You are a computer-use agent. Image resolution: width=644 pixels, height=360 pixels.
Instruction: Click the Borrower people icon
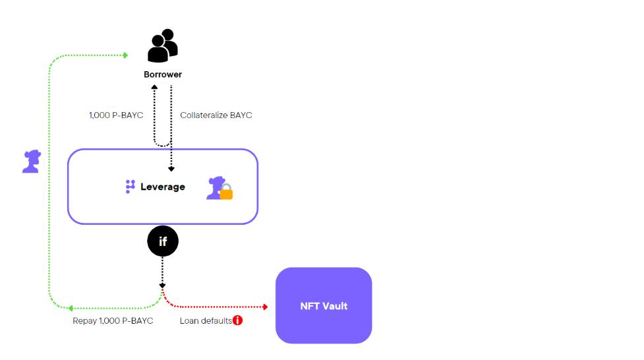click(163, 46)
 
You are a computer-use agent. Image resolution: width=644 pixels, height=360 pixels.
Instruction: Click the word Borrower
click(163, 75)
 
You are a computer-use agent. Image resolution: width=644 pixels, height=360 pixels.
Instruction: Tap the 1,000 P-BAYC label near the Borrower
click(116, 115)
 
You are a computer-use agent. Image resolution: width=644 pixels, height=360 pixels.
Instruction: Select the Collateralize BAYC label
click(216, 115)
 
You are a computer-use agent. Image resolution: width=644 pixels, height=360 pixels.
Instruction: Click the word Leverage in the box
click(163, 187)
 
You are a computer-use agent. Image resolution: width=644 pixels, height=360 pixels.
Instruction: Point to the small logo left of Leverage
click(130, 187)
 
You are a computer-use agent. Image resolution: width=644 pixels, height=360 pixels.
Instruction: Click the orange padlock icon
click(226, 193)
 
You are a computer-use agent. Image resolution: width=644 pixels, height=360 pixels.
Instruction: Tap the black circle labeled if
click(163, 242)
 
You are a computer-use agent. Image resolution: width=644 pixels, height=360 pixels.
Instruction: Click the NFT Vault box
click(324, 305)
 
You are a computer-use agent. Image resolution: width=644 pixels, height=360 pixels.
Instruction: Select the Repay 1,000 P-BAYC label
click(113, 320)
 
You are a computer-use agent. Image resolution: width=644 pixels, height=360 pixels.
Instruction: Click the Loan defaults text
click(206, 320)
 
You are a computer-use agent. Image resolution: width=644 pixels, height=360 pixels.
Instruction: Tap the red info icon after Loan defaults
click(238, 320)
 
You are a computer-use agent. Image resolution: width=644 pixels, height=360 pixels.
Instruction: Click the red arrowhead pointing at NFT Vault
click(265, 307)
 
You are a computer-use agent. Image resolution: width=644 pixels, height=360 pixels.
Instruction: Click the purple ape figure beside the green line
click(31, 162)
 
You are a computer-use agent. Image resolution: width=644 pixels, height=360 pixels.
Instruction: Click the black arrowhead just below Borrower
click(154, 87)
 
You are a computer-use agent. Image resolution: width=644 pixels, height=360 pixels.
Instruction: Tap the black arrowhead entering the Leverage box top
click(171, 169)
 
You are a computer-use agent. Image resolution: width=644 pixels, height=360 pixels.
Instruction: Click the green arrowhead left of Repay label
click(71, 308)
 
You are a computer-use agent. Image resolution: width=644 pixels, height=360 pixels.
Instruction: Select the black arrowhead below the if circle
click(163, 285)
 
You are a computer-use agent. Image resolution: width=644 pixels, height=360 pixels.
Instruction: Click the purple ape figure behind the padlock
click(215, 186)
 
